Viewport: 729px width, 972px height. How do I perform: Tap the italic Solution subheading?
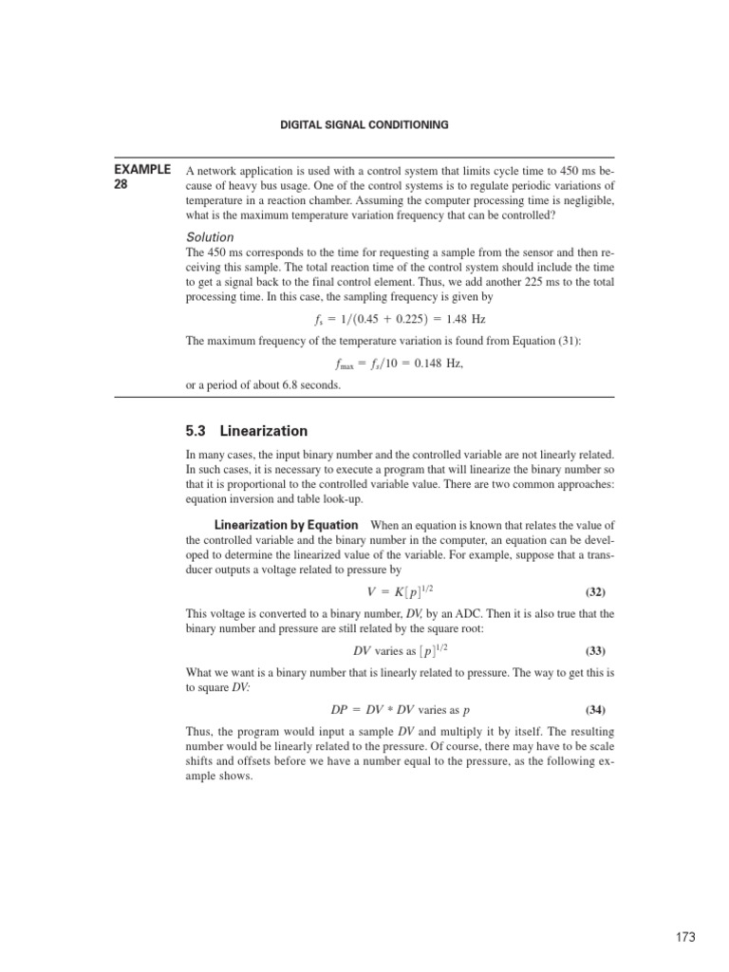point(209,236)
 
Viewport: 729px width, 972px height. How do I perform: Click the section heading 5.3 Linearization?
point(247,431)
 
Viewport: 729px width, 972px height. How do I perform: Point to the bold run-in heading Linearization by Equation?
point(286,525)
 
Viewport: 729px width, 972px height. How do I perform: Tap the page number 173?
point(685,937)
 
